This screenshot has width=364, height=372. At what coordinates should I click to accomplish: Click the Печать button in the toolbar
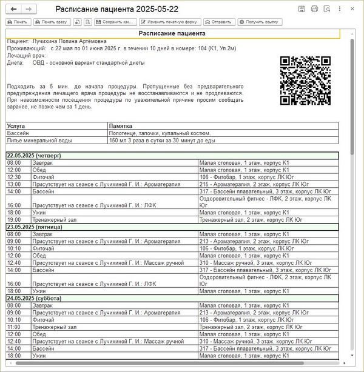point(18,22)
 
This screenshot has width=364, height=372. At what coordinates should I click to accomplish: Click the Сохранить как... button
point(114,22)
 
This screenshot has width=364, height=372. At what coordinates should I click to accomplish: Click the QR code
point(305,81)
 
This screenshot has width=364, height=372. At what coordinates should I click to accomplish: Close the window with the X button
point(354,9)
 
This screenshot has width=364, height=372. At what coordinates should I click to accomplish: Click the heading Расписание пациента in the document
point(172,33)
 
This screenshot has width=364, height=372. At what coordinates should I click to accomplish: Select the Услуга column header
point(16,126)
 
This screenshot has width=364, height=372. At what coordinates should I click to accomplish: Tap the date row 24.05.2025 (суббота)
point(36,299)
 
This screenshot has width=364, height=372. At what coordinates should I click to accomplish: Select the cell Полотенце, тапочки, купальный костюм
point(160,133)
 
